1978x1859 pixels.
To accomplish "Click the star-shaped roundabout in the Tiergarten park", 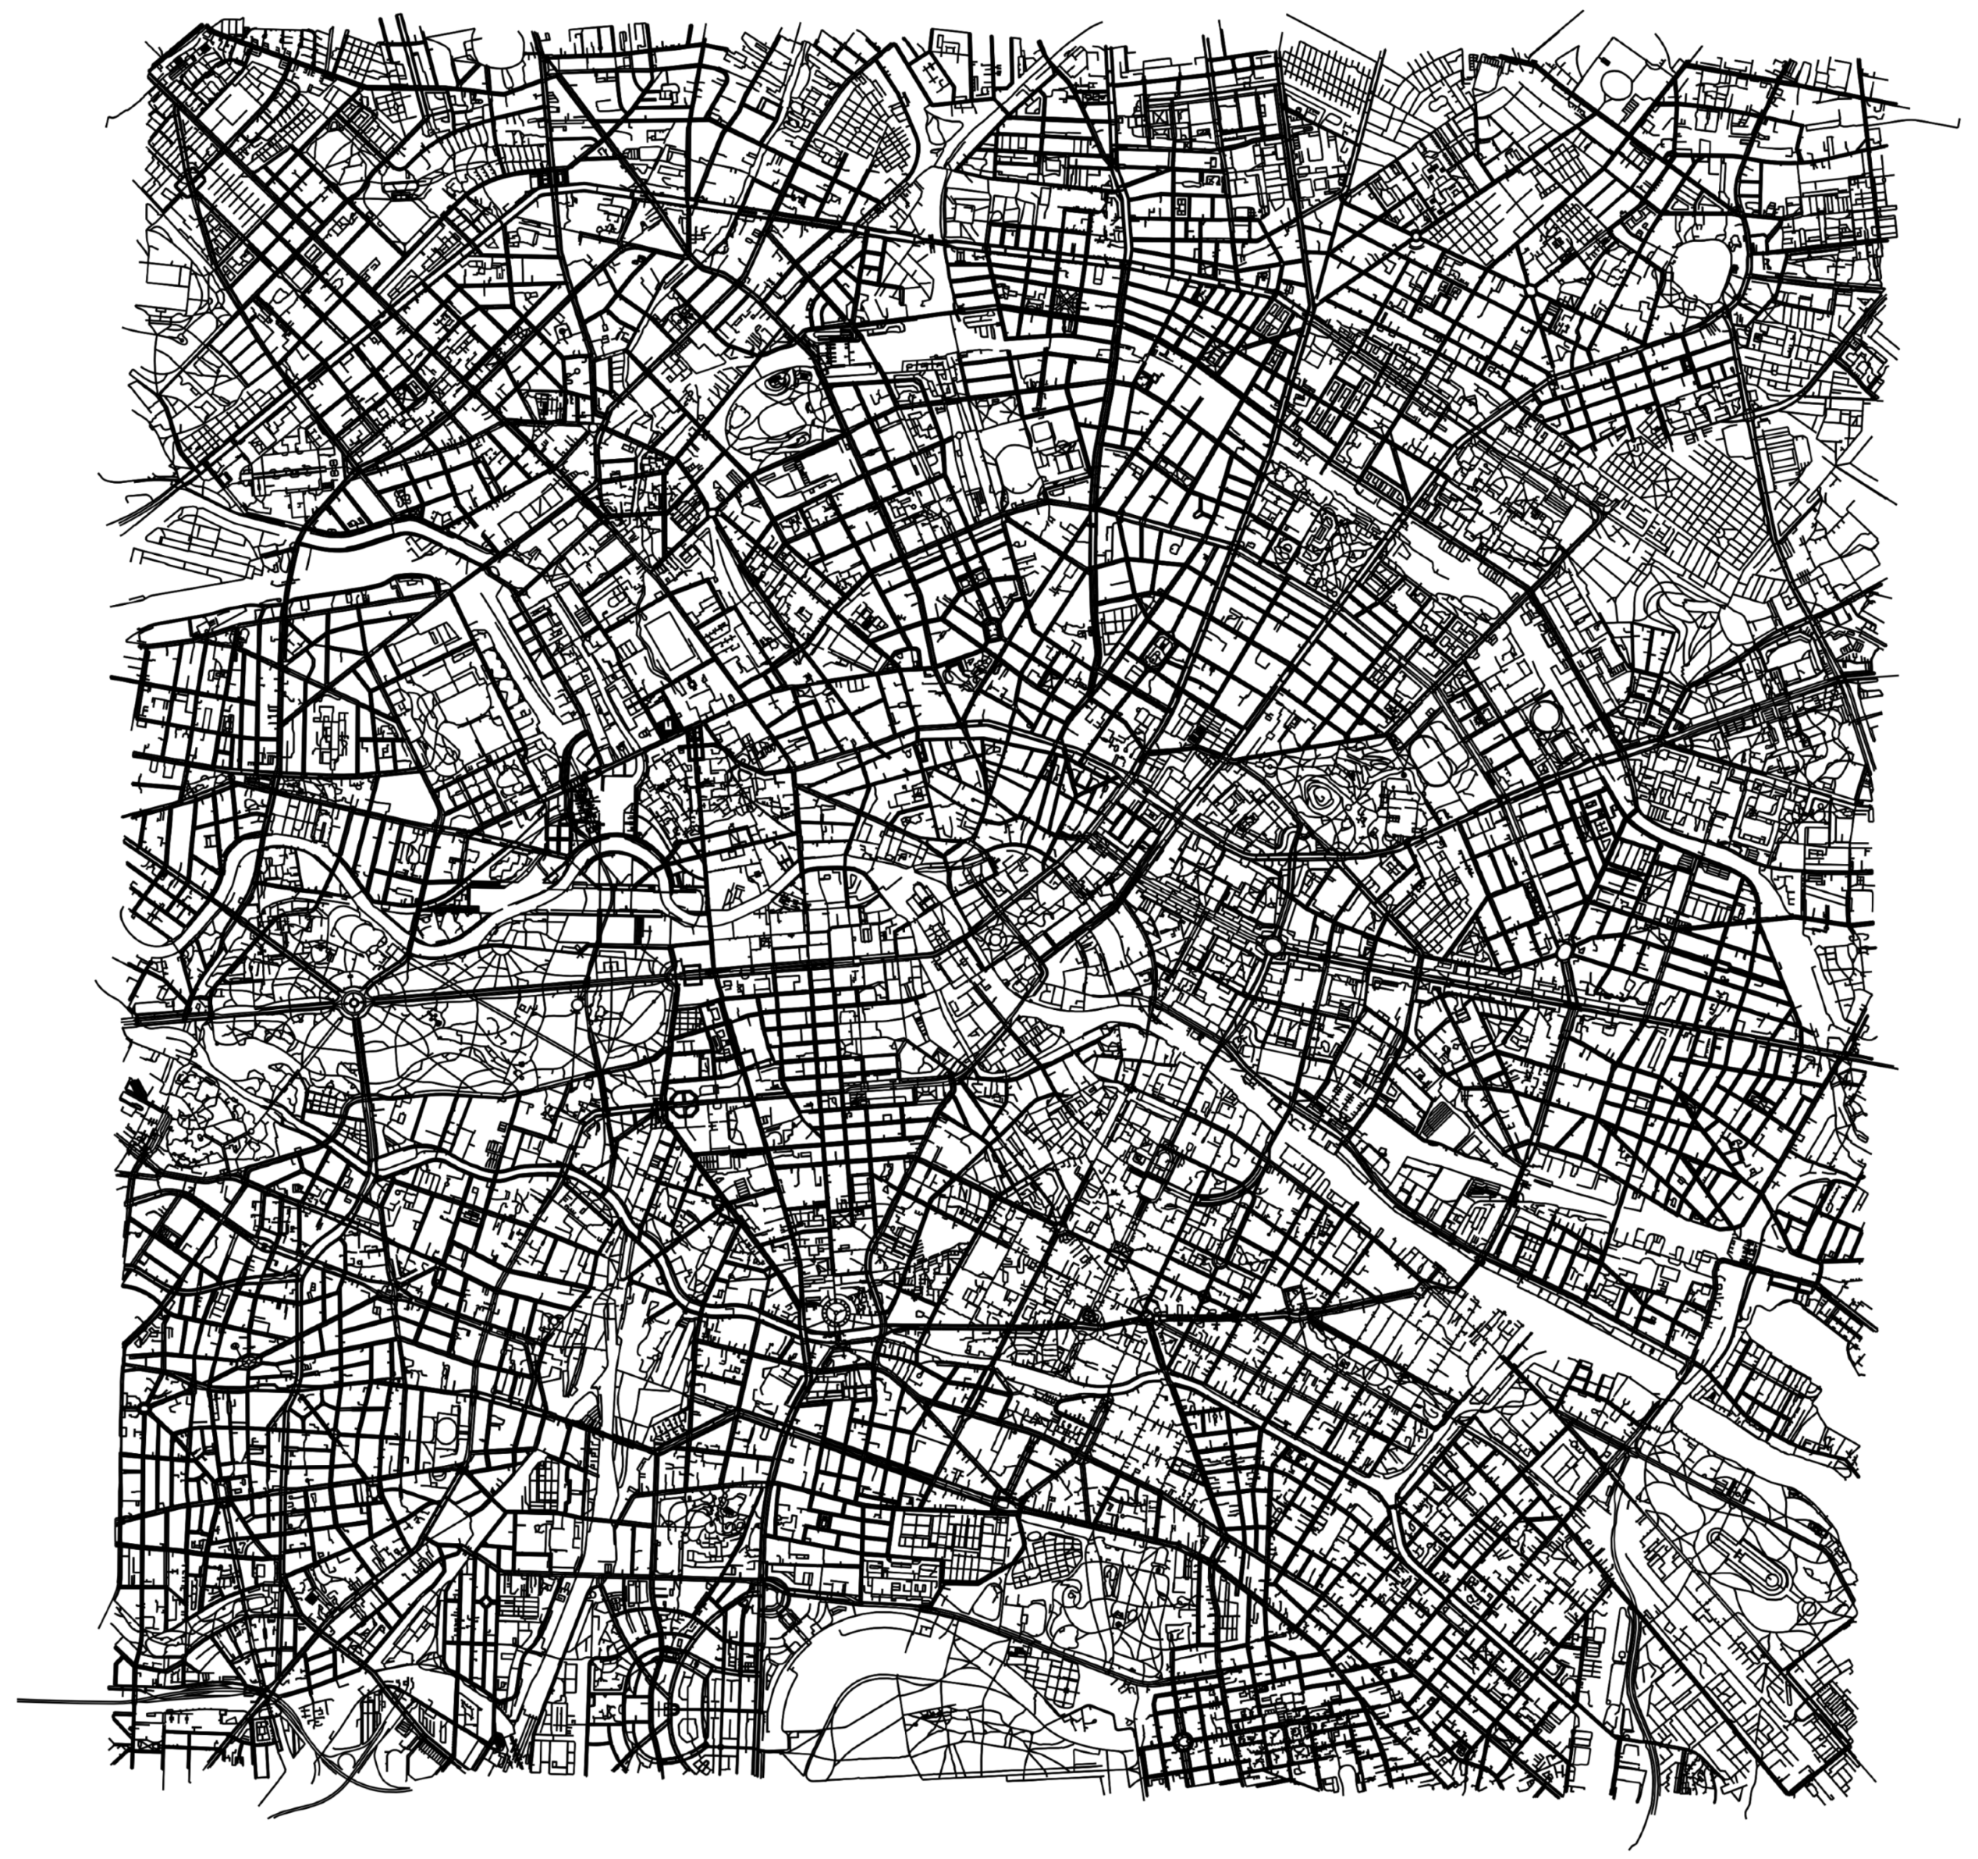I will pos(350,1003).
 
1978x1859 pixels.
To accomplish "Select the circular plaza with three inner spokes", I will pos(836,1314).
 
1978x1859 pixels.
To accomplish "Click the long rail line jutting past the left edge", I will pos(60,1700).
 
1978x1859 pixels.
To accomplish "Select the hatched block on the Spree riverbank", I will pos(1436,1121).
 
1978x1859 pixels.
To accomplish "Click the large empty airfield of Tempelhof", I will pos(955,1682).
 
